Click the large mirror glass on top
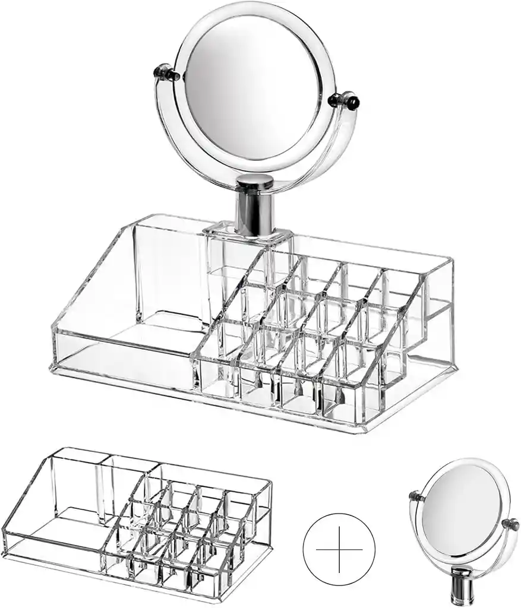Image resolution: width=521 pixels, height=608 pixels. click(253, 88)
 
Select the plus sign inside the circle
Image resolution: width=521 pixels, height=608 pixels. click(339, 549)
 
